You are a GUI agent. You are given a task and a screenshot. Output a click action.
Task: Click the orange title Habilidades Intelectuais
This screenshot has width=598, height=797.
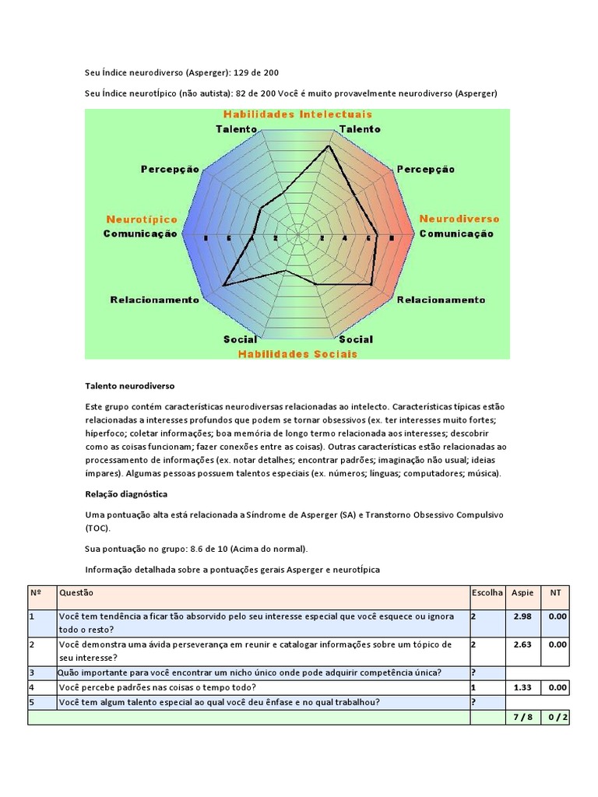coord(297,114)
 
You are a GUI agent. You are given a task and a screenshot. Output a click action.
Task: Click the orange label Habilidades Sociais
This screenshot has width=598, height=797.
coord(297,353)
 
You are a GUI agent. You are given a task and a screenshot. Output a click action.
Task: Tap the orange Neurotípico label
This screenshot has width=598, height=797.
coord(142,219)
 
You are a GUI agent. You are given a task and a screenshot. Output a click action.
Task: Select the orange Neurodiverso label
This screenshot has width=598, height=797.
coord(459,219)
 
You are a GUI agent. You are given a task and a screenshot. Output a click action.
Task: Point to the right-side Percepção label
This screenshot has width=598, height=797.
coord(426,169)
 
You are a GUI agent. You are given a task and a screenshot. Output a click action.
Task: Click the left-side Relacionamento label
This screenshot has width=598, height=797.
coord(155,300)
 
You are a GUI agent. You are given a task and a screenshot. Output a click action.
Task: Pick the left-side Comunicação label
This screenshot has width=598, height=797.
coord(140,233)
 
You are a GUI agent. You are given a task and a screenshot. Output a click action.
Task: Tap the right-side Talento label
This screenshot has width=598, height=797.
coord(360,128)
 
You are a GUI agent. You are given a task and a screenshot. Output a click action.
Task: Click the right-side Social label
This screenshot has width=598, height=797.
coord(356,339)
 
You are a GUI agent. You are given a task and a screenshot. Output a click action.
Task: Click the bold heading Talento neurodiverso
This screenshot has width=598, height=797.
coord(129,385)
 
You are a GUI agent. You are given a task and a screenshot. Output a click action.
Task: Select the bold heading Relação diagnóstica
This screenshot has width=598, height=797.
coord(126,493)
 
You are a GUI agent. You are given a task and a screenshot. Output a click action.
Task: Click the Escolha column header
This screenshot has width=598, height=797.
coord(487,592)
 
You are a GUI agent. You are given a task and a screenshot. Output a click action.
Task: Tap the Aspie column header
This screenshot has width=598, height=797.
coord(522,592)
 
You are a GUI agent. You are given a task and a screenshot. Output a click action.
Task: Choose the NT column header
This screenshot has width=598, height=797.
coord(555,592)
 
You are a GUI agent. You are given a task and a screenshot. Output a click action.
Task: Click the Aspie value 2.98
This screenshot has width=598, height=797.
coord(522,616)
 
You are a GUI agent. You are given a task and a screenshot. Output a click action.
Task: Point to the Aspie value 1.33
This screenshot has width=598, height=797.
coord(522,687)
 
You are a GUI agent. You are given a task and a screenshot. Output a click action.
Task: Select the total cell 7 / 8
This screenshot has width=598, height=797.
coord(522,717)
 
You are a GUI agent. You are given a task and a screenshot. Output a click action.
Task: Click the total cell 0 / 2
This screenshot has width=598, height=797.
coord(556,717)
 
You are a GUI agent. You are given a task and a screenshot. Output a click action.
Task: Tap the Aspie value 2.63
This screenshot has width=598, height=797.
coord(522,644)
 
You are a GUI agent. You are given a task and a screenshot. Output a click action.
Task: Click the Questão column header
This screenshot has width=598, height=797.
coord(76,592)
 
